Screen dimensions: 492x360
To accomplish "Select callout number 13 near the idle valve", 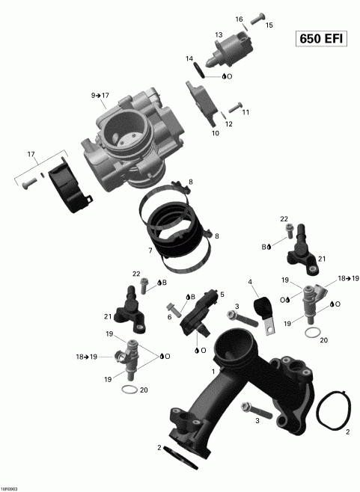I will [x=219, y=35].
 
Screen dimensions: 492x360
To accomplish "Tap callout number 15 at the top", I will [x=269, y=25].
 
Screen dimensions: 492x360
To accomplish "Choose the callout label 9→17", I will [x=100, y=96].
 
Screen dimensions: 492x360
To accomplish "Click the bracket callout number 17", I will [x=31, y=155].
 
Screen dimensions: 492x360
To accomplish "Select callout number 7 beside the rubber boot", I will [x=150, y=250].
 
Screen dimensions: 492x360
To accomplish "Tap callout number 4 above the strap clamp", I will [x=251, y=282].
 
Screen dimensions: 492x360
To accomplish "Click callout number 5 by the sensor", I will [x=222, y=295].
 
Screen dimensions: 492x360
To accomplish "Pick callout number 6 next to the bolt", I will [x=170, y=317].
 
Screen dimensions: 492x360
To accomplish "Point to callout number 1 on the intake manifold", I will [x=213, y=372].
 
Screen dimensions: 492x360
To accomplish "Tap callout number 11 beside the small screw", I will [x=245, y=112].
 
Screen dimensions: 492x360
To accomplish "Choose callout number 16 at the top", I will [x=240, y=19].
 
